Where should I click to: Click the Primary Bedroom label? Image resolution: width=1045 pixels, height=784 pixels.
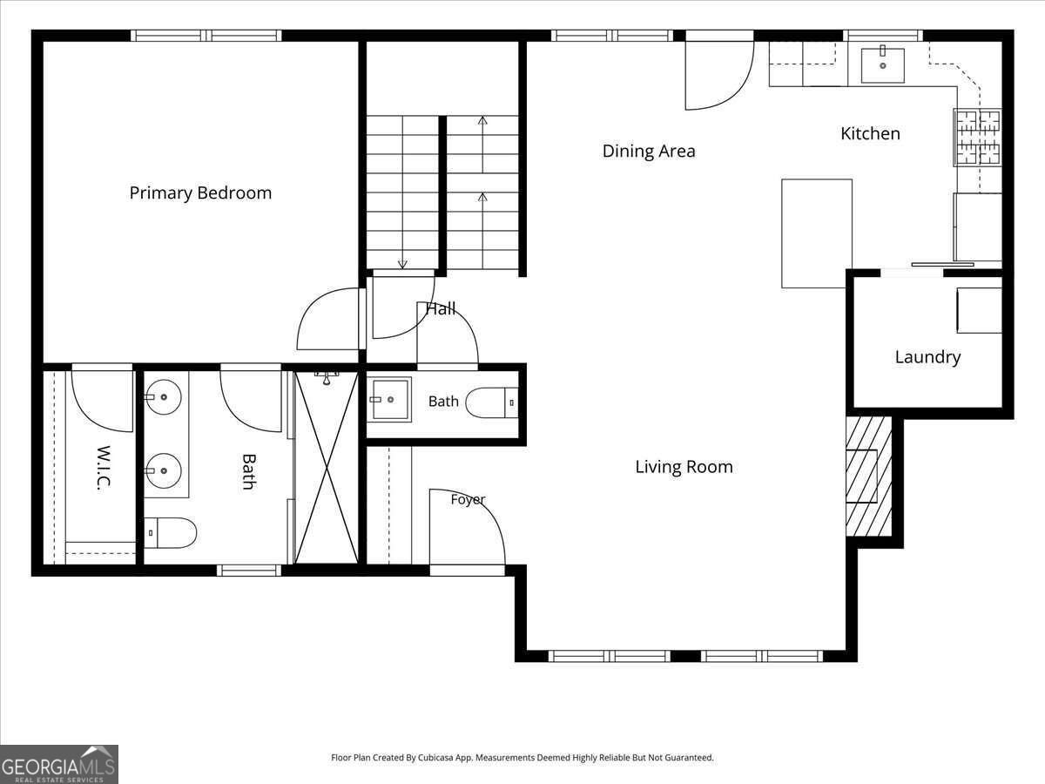200,193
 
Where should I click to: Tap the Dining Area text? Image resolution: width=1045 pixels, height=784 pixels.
649,152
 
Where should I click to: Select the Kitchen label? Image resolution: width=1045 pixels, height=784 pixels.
870,134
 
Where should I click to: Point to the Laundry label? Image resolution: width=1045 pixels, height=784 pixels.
927,357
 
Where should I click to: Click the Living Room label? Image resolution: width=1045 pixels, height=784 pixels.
684,467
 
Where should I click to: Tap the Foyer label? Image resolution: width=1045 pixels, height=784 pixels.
468,499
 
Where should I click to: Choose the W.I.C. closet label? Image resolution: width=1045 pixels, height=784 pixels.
104,467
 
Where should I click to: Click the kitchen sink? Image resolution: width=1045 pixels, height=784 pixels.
883,64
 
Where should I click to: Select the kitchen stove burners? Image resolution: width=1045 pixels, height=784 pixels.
978,138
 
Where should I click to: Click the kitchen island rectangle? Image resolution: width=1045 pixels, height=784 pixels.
817,233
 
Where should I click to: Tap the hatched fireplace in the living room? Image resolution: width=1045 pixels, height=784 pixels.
869,476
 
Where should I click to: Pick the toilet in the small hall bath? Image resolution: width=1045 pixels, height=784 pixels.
492,402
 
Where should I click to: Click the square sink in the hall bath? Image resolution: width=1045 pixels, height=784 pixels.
391,400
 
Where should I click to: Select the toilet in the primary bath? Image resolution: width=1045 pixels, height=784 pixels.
170,533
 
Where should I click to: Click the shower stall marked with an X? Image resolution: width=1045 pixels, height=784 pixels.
327,468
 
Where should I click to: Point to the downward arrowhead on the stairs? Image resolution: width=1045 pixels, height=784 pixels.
403,264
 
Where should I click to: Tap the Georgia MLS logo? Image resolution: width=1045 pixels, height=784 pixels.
59,764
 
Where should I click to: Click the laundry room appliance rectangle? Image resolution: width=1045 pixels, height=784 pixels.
980,310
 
